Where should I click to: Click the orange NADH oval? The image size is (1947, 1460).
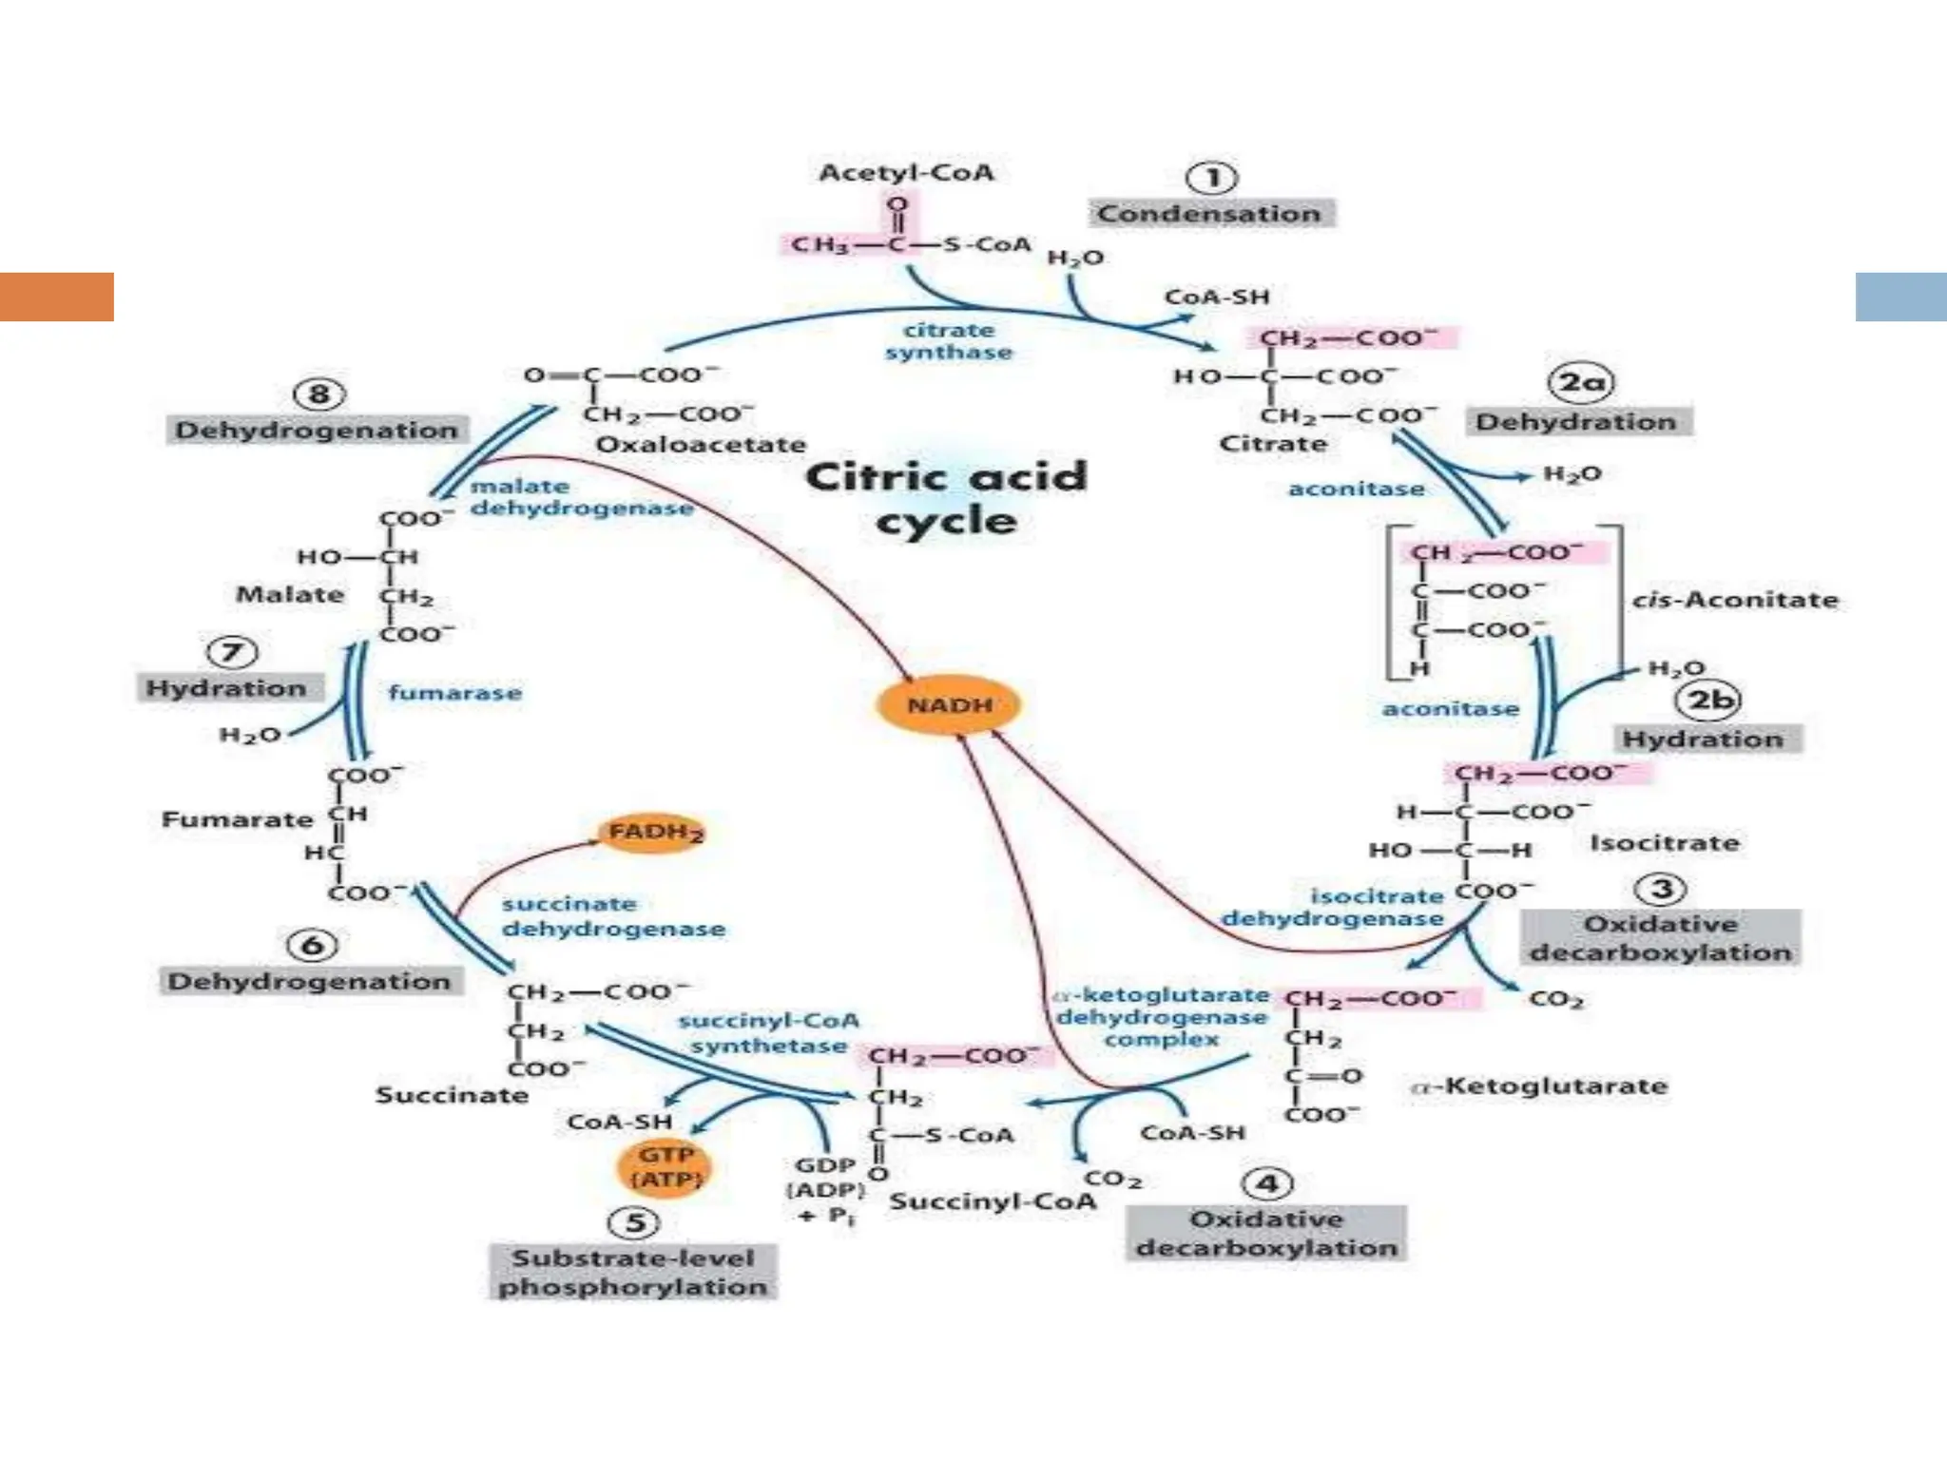tap(948, 705)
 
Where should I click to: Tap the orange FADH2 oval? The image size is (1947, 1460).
tap(654, 833)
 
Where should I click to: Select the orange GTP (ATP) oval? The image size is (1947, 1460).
tap(665, 1167)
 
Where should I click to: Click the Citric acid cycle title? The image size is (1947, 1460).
tap(946, 498)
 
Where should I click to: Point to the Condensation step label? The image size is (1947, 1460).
tap(1209, 213)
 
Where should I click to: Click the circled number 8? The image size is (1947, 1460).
tap(318, 394)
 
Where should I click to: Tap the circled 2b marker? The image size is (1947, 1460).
tap(1708, 701)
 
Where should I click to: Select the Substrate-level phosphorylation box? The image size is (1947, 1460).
tap(633, 1272)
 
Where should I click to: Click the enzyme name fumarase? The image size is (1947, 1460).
tap(454, 693)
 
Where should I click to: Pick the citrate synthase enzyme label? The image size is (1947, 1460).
tap(948, 341)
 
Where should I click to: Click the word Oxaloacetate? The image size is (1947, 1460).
tap(700, 445)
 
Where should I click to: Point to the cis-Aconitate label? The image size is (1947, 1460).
tap(1734, 600)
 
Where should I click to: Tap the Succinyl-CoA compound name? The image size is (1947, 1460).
tap(992, 1201)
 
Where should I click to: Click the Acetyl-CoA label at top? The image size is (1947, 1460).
tap(906, 173)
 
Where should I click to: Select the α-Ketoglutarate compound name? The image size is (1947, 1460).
tap(1539, 1085)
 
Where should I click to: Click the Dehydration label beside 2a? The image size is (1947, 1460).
tap(1575, 422)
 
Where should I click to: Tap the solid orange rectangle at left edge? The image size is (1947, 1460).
tap(56, 297)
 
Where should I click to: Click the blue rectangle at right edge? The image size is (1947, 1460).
tap(1900, 297)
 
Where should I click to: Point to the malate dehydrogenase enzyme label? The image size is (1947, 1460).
tap(580, 497)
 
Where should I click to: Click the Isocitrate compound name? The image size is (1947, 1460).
tap(1664, 843)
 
